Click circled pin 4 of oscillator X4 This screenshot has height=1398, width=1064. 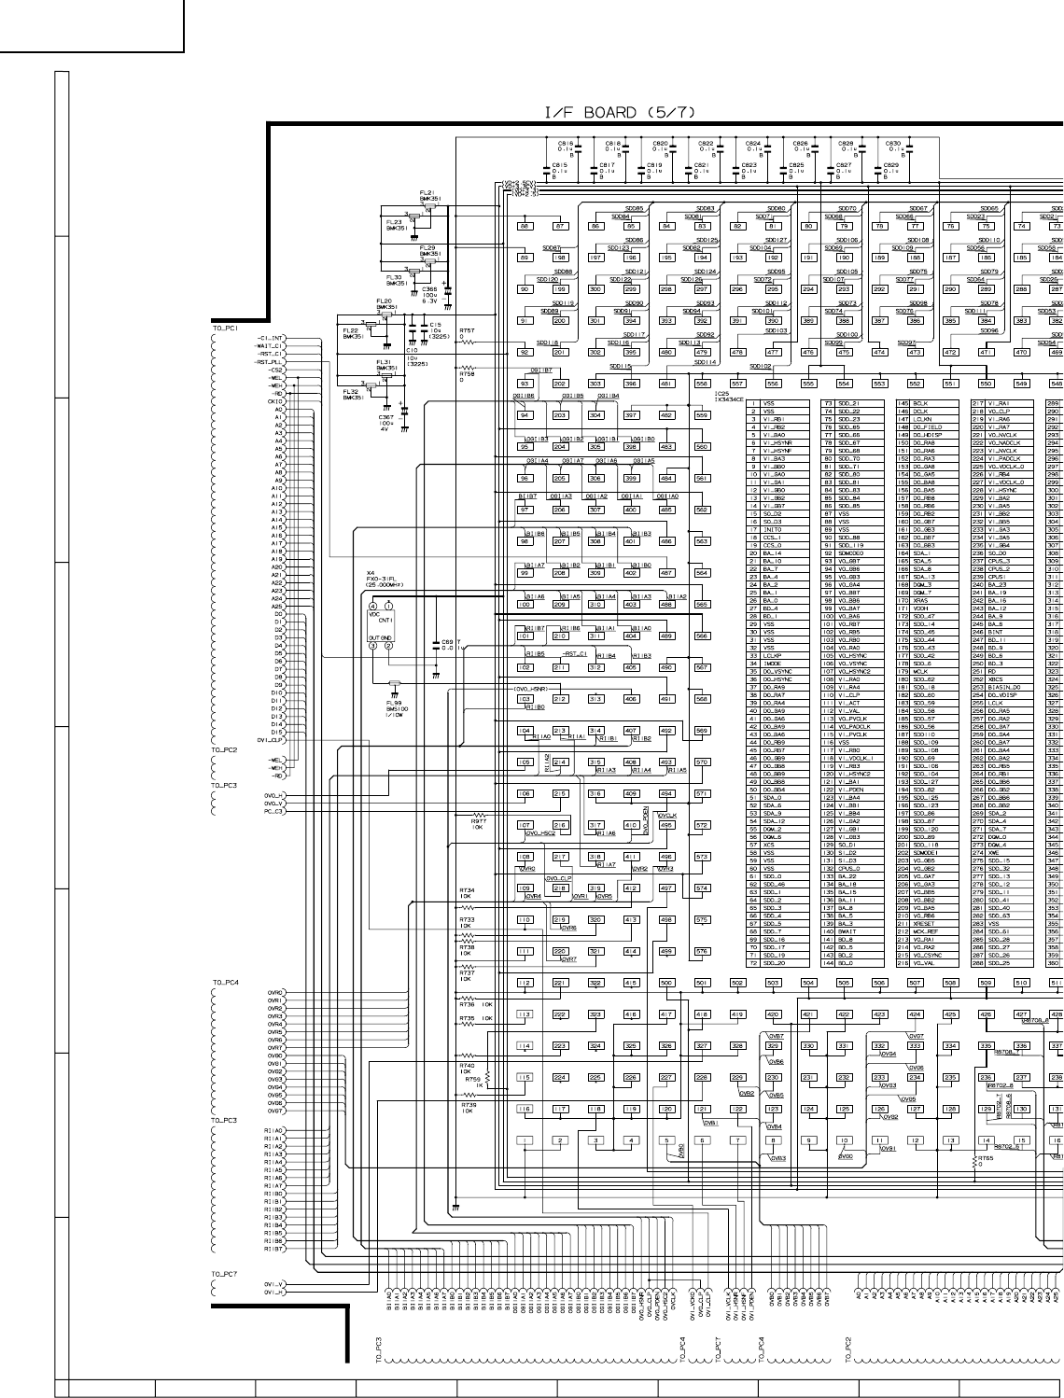(x=371, y=607)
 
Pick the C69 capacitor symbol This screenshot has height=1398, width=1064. (x=436, y=643)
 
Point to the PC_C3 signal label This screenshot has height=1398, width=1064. (x=273, y=811)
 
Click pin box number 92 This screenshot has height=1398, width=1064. (x=525, y=352)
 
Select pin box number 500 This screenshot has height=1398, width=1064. (x=666, y=983)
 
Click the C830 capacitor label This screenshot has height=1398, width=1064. (x=893, y=144)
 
